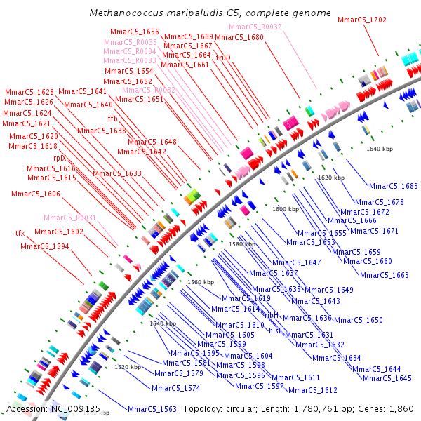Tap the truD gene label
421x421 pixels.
click(x=223, y=58)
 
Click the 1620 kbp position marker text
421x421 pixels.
click(x=331, y=178)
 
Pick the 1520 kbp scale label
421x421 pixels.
click(x=128, y=367)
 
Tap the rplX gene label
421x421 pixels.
click(x=60, y=159)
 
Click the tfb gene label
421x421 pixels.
click(x=112, y=119)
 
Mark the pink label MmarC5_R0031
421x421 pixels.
click(x=70, y=218)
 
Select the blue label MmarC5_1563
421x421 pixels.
click(x=152, y=408)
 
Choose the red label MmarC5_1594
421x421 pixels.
click(x=45, y=246)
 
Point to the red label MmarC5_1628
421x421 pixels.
click(x=29, y=92)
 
